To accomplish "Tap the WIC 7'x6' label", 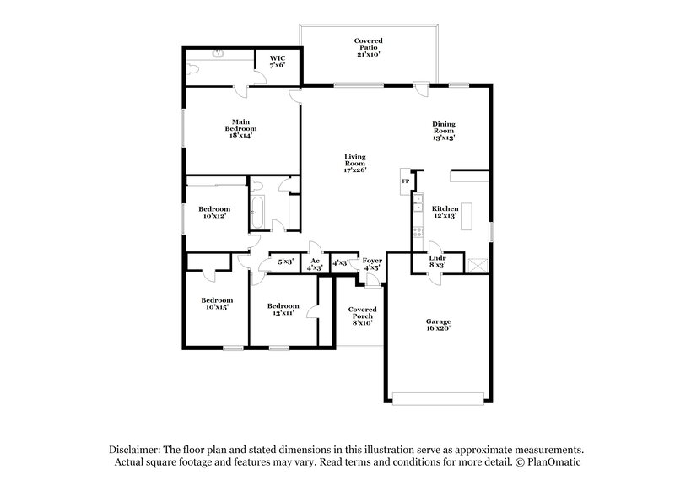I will tap(278, 62).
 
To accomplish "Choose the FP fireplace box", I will tap(405, 181).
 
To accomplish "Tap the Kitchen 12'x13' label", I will tap(445, 211).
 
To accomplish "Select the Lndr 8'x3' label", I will tap(437, 262).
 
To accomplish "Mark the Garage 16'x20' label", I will tap(437, 325).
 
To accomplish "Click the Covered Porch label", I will tap(362, 316).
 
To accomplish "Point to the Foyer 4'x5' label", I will tap(372, 264).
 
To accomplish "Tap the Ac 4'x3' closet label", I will tap(315, 264).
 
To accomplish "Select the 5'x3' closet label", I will tap(285, 262).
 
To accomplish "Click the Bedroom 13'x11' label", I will tap(283, 310).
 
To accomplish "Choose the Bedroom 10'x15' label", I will tap(216, 304).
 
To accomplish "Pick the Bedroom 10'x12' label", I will tap(214, 213).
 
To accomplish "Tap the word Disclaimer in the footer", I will tap(136, 451).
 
